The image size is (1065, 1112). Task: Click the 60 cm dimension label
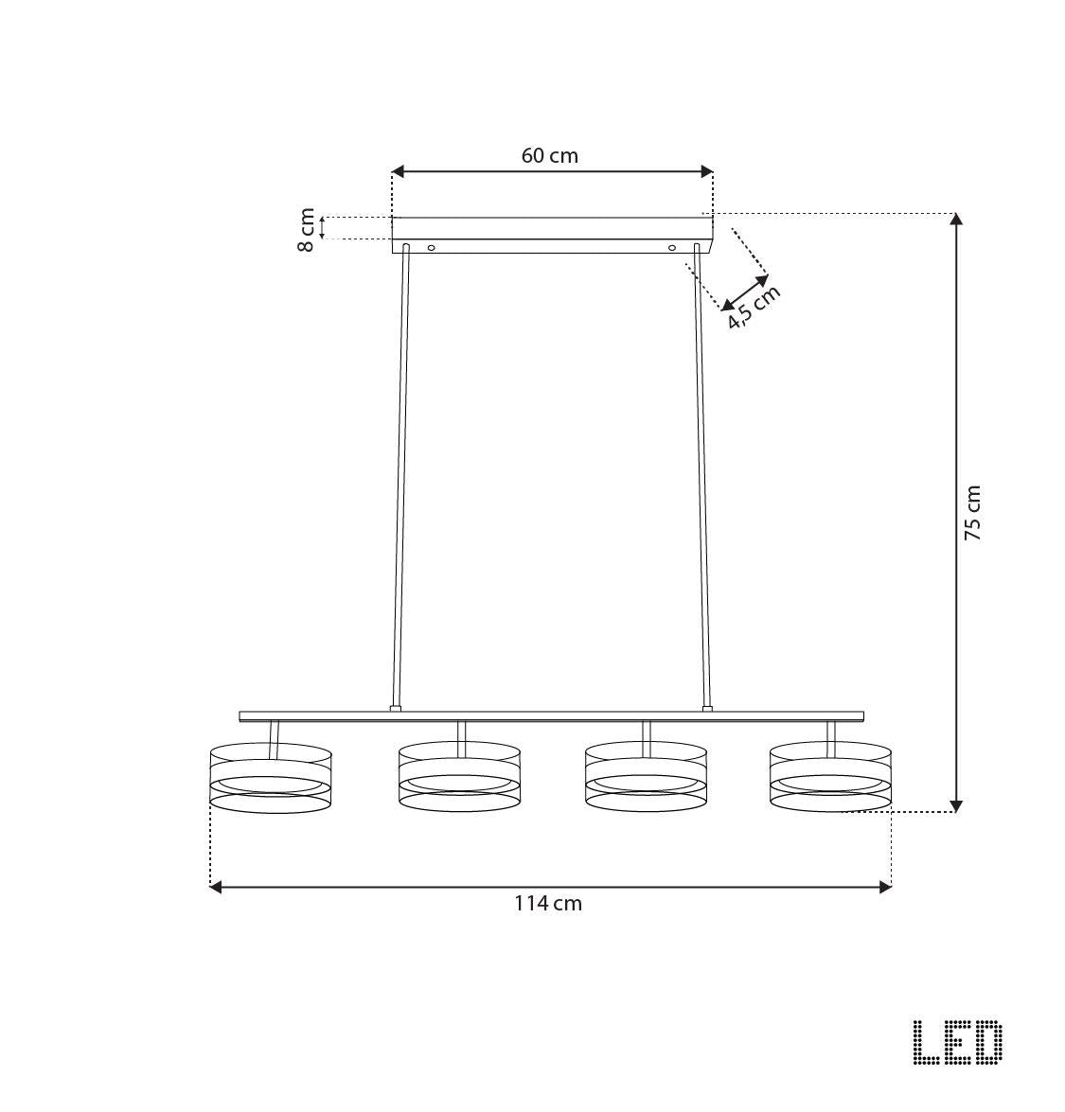(549, 155)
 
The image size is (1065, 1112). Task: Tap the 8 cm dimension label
(307, 229)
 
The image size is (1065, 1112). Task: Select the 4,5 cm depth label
(754, 307)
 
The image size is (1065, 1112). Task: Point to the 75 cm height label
(972, 513)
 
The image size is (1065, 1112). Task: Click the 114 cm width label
(548, 903)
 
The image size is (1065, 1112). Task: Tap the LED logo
(957, 1043)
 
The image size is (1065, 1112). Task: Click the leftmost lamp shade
(270, 779)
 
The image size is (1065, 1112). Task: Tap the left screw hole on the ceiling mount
(432, 247)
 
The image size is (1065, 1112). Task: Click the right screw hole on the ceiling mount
(672, 247)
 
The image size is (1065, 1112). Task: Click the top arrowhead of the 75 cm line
(956, 220)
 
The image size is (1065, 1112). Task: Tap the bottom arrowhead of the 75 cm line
(956, 805)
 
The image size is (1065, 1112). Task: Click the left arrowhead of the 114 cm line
(215, 887)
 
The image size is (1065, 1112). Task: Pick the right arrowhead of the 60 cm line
(706, 171)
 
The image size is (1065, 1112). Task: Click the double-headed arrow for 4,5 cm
(745, 292)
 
